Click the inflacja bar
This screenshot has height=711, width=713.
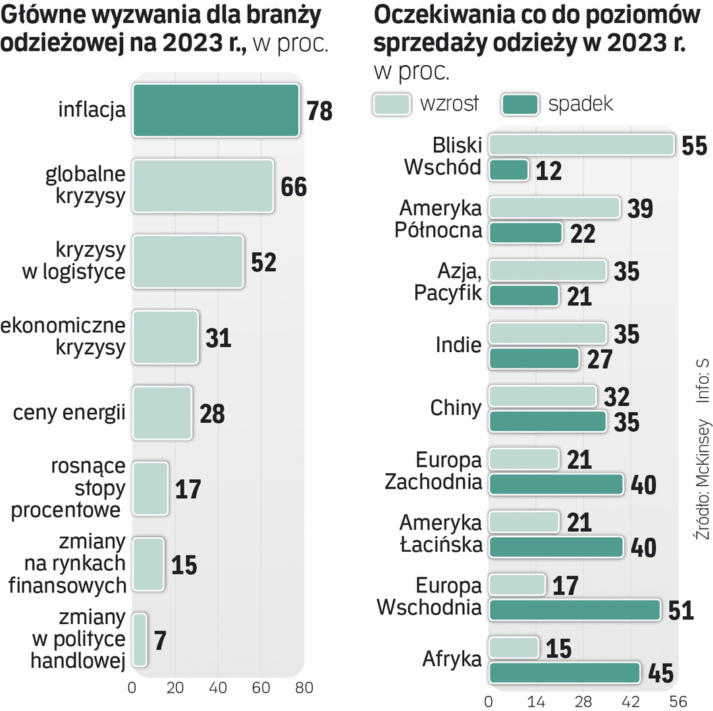point(216,111)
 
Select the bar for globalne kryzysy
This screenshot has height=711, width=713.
point(203,186)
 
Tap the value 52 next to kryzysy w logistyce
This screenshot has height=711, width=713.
point(263,262)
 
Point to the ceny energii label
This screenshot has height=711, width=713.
point(69,413)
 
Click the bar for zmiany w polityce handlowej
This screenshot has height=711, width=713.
point(140,640)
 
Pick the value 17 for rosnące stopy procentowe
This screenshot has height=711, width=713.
point(188,489)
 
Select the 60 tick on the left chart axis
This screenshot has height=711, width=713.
point(261,688)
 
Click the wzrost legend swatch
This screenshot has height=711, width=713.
point(392,104)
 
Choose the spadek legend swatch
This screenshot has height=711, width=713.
point(521,104)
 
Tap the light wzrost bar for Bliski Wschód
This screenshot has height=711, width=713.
point(581,145)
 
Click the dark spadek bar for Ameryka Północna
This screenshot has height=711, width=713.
point(525,233)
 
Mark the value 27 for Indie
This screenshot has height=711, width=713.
point(599,359)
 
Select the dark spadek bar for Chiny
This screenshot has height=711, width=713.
point(547,422)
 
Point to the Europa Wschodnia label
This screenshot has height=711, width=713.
point(429,596)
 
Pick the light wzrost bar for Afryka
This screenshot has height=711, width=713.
point(514,648)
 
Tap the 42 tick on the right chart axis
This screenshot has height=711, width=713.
point(631,700)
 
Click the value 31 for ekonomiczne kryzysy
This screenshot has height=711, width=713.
point(218,338)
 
